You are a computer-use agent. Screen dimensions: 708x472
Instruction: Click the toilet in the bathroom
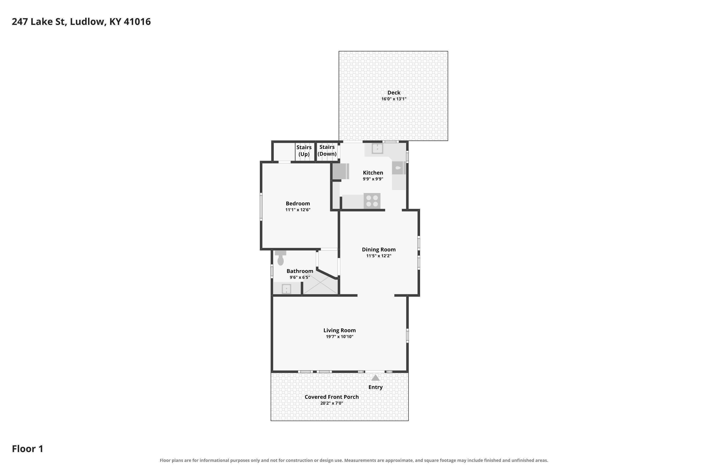[x=280, y=258]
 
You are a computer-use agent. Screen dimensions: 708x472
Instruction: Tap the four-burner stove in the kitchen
[x=372, y=201]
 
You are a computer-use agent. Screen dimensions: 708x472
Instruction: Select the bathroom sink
[x=286, y=289]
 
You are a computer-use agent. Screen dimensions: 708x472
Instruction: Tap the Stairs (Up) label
[x=304, y=151]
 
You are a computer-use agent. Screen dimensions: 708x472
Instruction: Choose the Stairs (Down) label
[x=327, y=150]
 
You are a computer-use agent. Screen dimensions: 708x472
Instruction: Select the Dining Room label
[x=379, y=249]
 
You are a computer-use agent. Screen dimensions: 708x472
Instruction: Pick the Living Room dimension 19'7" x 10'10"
[x=340, y=337]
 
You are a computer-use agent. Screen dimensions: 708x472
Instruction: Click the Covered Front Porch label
[x=332, y=397]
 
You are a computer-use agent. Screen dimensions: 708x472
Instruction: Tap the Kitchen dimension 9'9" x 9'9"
[x=373, y=179]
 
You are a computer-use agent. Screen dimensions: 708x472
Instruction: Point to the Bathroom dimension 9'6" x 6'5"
[x=300, y=277]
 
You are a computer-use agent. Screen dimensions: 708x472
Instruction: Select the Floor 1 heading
[x=28, y=449]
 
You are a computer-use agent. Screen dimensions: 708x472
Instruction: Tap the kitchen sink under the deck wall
[x=377, y=149]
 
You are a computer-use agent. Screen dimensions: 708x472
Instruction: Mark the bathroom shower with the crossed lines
[x=320, y=284]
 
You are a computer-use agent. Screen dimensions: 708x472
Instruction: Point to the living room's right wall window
[x=407, y=335]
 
